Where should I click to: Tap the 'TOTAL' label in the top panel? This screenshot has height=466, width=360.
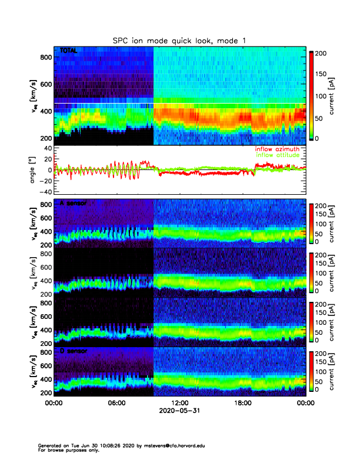coord(68,52)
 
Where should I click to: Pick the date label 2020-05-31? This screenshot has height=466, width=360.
coord(179,412)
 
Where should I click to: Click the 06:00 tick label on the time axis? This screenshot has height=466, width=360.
coord(116,404)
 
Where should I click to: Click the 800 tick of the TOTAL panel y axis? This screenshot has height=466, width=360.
coord(45,57)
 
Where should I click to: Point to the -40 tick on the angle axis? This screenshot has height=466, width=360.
coord(44,192)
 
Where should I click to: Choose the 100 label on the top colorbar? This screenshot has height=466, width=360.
coord(322,96)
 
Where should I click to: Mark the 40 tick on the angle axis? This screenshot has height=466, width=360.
coord(46,148)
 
